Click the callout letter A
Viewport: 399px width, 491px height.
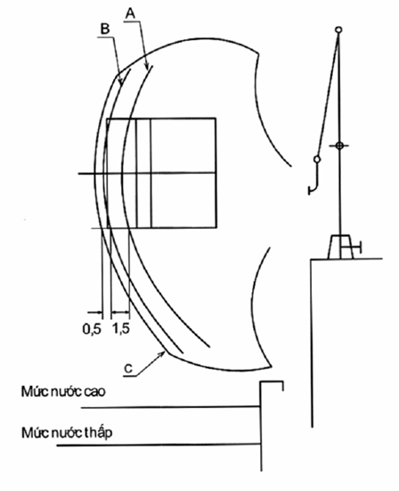130,13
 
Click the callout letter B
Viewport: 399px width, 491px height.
105,29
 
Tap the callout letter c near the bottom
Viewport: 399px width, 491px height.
128,369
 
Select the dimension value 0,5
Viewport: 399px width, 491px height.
92,329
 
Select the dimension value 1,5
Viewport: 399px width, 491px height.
121,329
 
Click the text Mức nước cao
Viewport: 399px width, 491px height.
63,391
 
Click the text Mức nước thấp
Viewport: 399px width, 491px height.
67,433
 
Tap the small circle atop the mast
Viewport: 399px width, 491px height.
338,29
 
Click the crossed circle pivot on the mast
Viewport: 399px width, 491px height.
339,145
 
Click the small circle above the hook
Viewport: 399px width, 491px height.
317,160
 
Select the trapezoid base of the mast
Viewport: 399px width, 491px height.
340,247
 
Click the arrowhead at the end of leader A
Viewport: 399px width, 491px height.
146,65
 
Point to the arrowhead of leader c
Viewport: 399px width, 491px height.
162,354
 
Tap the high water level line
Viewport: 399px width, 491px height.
170,407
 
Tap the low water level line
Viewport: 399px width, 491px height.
159,445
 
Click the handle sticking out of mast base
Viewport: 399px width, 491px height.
353,248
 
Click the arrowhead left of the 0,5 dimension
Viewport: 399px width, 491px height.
99,312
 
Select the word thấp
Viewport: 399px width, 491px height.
99,433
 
